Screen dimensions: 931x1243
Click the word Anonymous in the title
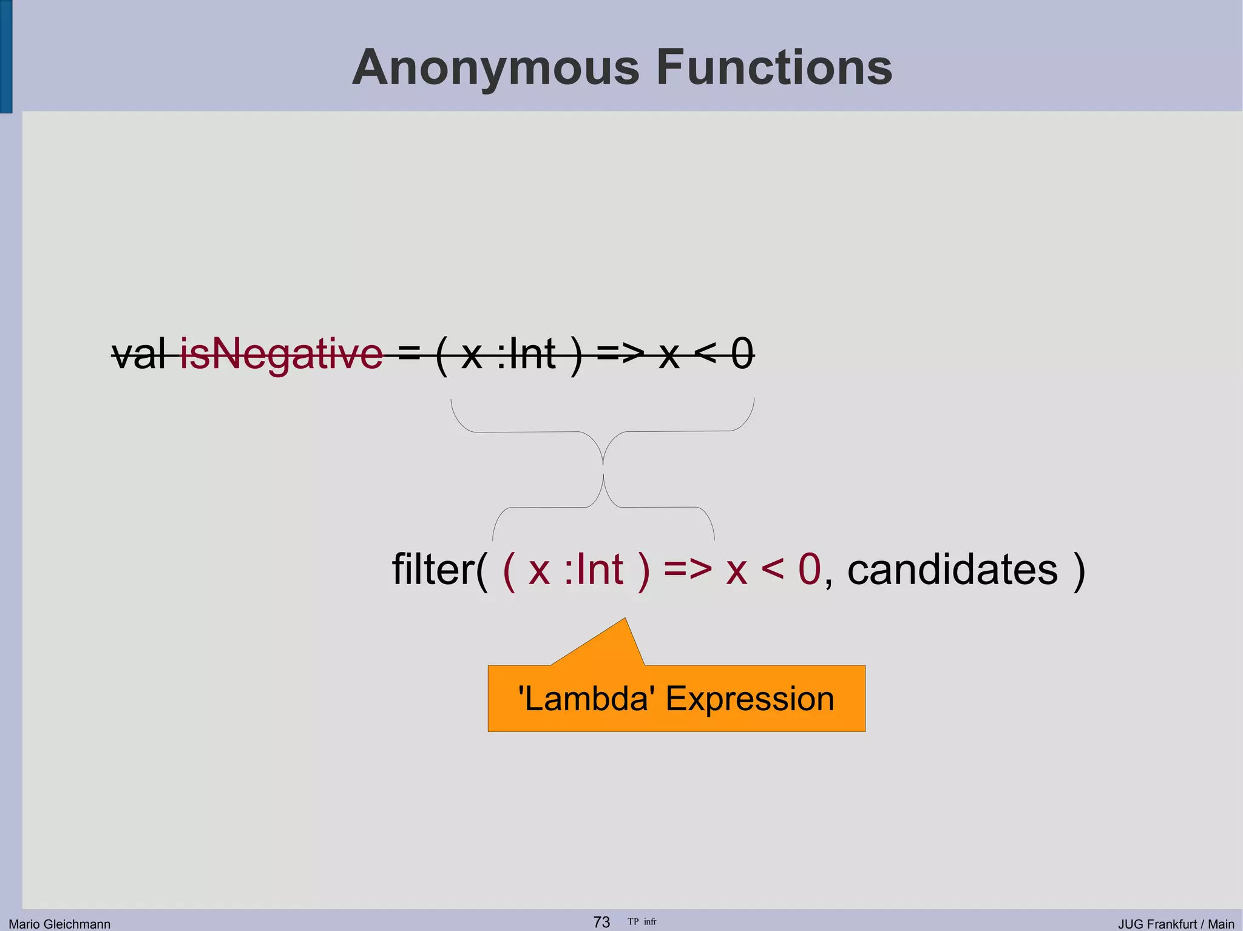tap(496, 68)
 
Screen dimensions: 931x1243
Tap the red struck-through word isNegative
tap(282, 355)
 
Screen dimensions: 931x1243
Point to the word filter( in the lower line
tap(439, 570)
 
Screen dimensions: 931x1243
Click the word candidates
tap(952, 570)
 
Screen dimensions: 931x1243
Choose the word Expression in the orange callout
tap(750, 699)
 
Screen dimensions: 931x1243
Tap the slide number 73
tap(601, 922)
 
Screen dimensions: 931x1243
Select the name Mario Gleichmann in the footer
tap(59, 924)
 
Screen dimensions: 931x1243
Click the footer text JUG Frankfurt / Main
tap(1176, 924)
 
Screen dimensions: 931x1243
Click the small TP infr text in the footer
tap(642, 922)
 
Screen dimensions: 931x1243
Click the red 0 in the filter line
tap(809, 570)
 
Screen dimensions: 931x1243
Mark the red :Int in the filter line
tap(593, 570)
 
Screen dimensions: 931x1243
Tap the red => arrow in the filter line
tap(687, 570)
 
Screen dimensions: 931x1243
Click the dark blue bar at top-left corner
tap(5, 56)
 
